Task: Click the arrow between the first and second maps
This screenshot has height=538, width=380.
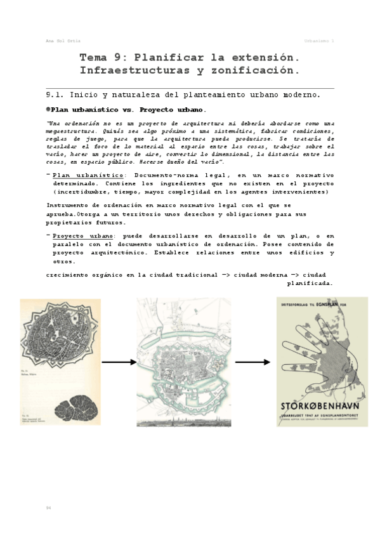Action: (x=119, y=362)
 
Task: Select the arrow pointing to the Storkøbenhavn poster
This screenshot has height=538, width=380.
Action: (x=252, y=362)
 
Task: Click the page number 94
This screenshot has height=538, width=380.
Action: (x=48, y=508)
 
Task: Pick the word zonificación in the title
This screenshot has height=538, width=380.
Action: (x=248, y=69)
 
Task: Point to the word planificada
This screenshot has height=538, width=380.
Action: (x=310, y=284)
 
